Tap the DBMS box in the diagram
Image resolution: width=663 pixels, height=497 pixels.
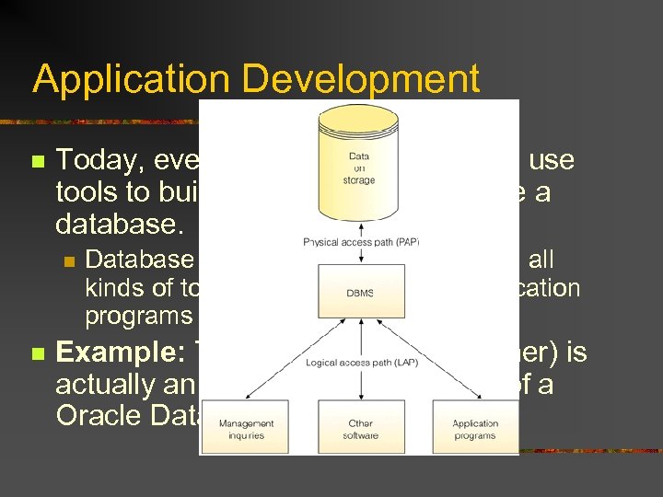359,292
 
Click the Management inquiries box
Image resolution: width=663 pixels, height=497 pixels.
246,428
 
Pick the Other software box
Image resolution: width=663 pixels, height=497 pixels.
359,428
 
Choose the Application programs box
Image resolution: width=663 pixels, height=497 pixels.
475,428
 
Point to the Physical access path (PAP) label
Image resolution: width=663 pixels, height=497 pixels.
361,242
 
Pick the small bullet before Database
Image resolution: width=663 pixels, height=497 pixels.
68,261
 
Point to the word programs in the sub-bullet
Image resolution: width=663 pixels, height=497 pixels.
138,317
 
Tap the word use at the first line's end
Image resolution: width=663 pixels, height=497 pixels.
552,161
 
